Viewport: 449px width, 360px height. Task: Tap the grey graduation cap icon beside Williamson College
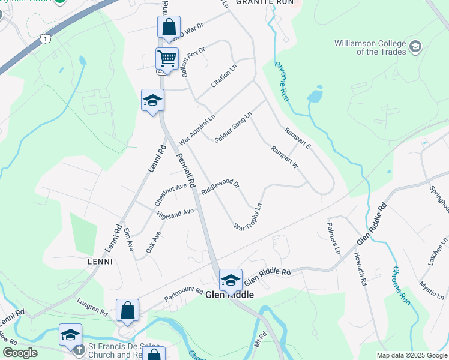(415, 47)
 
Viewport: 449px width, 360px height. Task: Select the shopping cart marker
(167, 59)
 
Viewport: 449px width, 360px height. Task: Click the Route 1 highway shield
(44, 38)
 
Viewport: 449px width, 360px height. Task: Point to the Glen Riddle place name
(229, 295)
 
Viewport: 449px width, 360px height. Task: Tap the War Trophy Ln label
(249, 218)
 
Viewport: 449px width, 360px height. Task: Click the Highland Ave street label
(175, 214)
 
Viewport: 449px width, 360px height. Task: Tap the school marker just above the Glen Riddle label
(231, 280)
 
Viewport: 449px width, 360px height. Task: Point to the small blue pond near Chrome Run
(314, 97)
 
